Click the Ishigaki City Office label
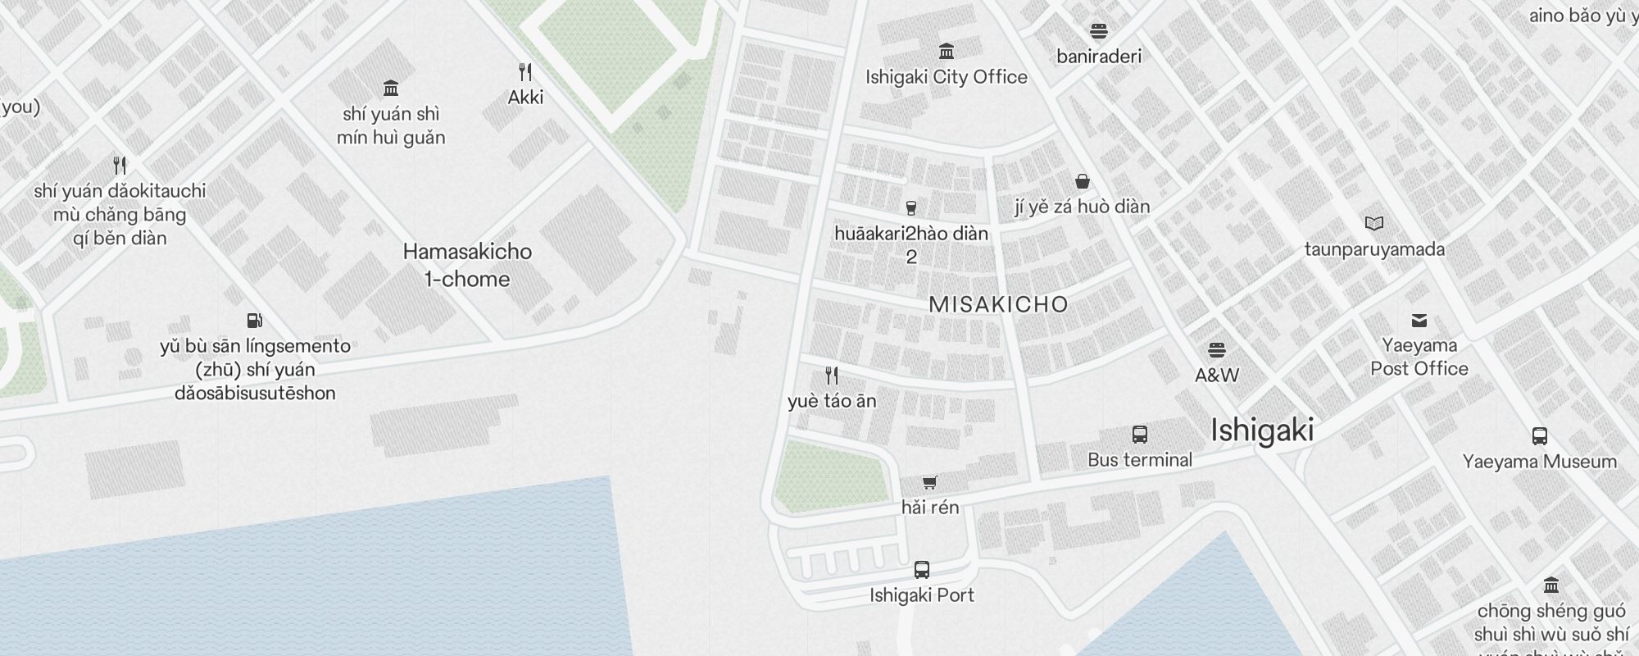pyautogui.click(x=946, y=77)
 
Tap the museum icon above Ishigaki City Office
pyautogui.click(x=947, y=52)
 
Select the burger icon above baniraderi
pyautogui.click(x=1099, y=31)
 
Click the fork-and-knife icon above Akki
pyautogui.click(x=525, y=72)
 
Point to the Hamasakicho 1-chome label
pyautogui.click(x=467, y=265)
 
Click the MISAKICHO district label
pyautogui.click(x=998, y=304)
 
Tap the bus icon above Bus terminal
pyautogui.click(x=1139, y=434)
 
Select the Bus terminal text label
pyautogui.click(x=1139, y=460)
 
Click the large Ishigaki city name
pyautogui.click(x=1262, y=430)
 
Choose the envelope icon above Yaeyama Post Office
pyautogui.click(x=1419, y=320)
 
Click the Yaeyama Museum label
pyautogui.click(x=1539, y=462)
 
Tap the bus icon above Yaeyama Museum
pyautogui.click(x=1539, y=436)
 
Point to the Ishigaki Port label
pyautogui.click(x=921, y=595)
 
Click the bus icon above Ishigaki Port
pyautogui.click(x=921, y=569)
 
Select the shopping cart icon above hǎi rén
pyautogui.click(x=929, y=482)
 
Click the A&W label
pyautogui.click(x=1216, y=376)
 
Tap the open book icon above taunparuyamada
pyautogui.click(x=1374, y=223)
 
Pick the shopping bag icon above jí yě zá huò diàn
pyautogui.click(x=1082, y=181)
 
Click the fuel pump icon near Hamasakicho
pyautogui.click(x=255, y=320)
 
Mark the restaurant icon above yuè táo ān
pyautogui.click(x=832, y=376)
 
